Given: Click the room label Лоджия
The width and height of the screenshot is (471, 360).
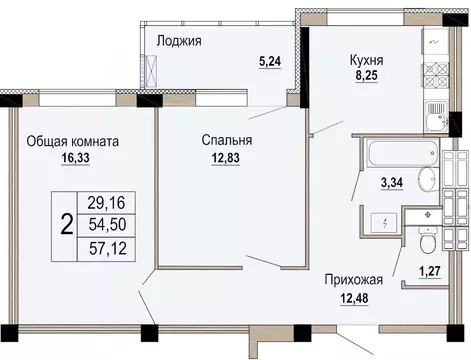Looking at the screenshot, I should (x=180, y=41).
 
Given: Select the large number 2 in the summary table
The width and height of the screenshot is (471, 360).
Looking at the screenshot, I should (x=66, y=223).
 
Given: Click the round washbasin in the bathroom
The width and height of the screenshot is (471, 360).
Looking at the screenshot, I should (x=425, y=181).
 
